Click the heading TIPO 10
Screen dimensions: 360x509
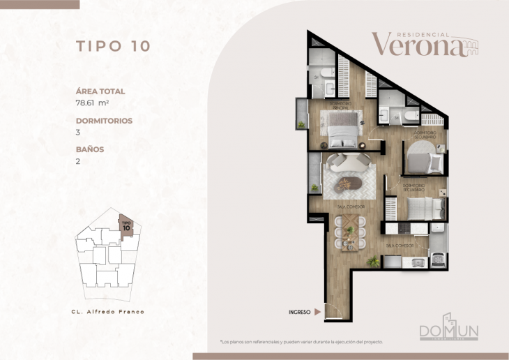pyautogui.click(x=112, y=47)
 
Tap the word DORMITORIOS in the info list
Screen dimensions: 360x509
pyautogui.click(x=104, y=120)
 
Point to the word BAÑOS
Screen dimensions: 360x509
pyautogui.click(x=90, y=149)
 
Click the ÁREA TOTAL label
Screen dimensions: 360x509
pyautogui.click(x=100, y=91)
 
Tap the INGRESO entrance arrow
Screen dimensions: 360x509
pyautogui.click(x=318, y=312)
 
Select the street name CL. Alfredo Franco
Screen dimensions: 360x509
pyautogui.click(x=108, y=311)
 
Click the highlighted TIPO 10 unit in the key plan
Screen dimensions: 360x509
pyautogui.click(x=126, y=225)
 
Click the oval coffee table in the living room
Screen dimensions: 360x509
pyautogui.click(x=347, y=185)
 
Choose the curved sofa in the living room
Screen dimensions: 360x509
pyautogui.click(x=349, y=162)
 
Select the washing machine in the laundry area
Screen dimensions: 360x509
pyautogui.click(x=439, y=260)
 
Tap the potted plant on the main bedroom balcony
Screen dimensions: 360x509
pyautogui.click(x=301, y=124)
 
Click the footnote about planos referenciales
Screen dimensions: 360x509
pyautogui.click(x=301, y=342)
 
